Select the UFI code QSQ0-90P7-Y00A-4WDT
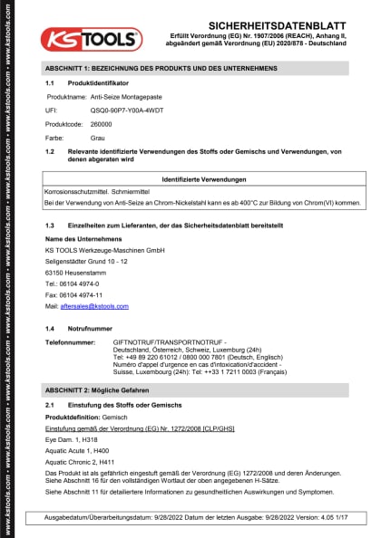pos(125,108)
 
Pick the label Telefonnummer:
pos(70,343)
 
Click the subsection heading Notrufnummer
pos(91,328)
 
